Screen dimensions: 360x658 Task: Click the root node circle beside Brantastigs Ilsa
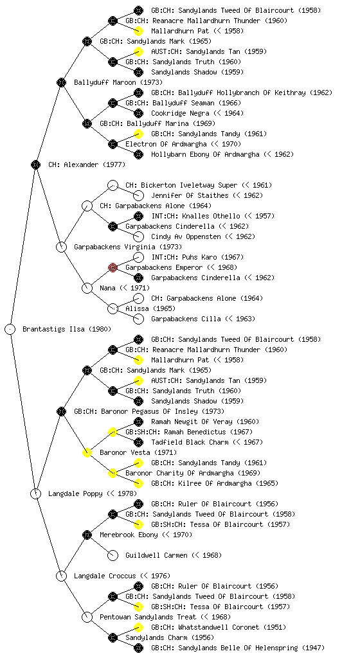[10, 330]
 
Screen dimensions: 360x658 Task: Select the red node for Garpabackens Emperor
[113, 268]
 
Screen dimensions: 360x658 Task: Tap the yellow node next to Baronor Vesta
[87, 452]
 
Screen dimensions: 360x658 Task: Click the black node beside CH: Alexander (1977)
[35, 165]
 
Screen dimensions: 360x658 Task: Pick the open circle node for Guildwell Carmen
[113, 555]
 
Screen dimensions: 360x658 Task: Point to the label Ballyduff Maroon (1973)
[118, 83]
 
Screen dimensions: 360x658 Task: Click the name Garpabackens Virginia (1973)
[128, 247]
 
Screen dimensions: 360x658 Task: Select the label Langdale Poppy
[75, 494]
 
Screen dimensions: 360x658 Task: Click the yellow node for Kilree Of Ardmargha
[138, 483]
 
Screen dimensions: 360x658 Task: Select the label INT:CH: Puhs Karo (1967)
[197, 257]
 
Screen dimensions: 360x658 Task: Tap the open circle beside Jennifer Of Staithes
[138, 195]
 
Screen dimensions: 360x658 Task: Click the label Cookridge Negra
[180, 113]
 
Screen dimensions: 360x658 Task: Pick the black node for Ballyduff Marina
[87, 124]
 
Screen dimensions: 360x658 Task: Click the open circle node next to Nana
[87, 289]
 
